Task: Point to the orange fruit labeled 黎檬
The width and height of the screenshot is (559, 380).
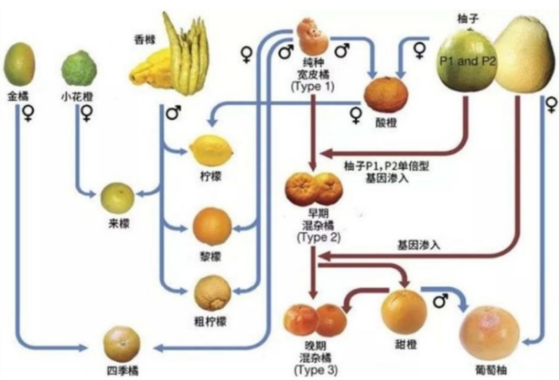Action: pos(211,225)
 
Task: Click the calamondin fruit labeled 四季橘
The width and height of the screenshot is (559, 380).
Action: pos(122,342)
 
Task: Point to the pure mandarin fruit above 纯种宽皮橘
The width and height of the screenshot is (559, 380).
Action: pos(314,36)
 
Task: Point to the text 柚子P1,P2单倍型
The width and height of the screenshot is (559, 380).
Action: pos(377,166)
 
